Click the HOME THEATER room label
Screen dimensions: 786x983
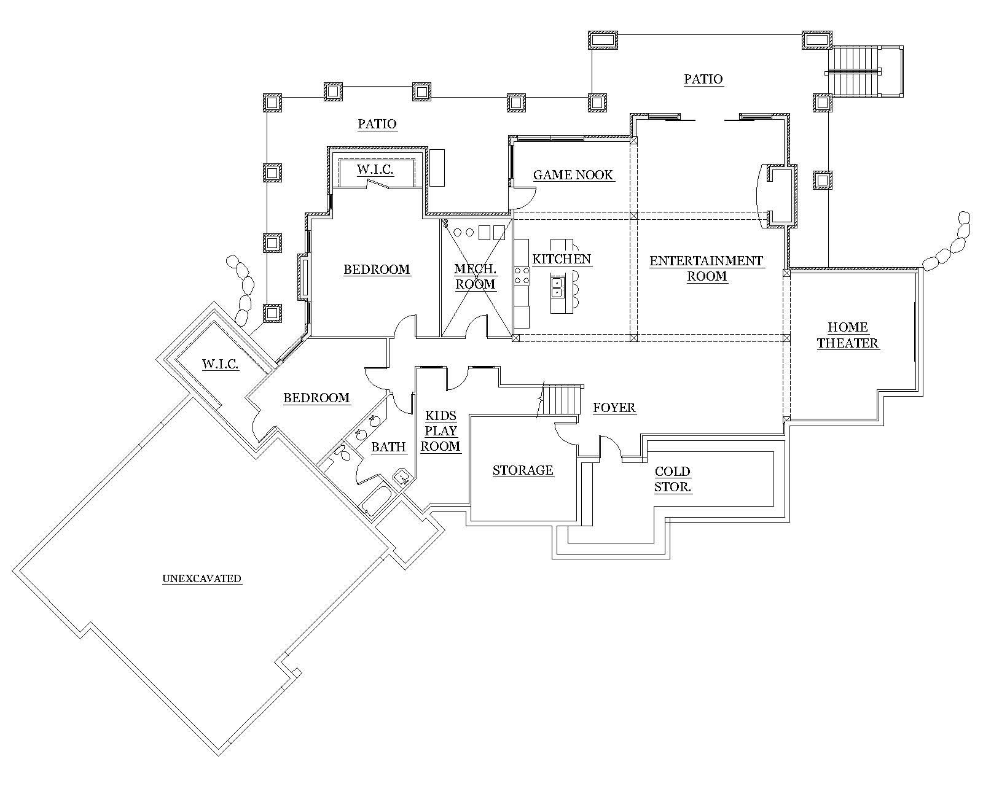pyautogui.click(x=847, y=335)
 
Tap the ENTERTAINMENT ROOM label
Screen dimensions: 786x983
pyautogui.click(x=707, y=268)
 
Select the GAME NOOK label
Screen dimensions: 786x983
pyautogui.click(x=573, y=175)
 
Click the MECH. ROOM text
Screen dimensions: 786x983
pyautogui.click(x=475, y=276)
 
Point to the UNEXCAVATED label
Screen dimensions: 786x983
pyautogui.click(x=202, y=578)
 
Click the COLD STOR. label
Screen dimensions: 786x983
pyautogui.click(x=673, y=480)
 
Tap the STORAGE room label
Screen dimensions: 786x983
pyautogui.click(x=523, y=470)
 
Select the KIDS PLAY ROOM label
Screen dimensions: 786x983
pyautogui.click(x=441, y=431)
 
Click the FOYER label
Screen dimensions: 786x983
pyautogui.click(x=614, y=408)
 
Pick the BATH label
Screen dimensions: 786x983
pyautogui.click(x=388, y=447)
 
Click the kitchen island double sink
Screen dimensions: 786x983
pyautogui.click(x=558, y=287)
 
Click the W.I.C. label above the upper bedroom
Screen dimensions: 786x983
pyautogui.click(x=375, y=169)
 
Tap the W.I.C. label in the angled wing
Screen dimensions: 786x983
pyautogui.click(x=220, y=364)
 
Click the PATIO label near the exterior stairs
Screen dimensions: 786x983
pyautogui.click(x=703, y=79)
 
